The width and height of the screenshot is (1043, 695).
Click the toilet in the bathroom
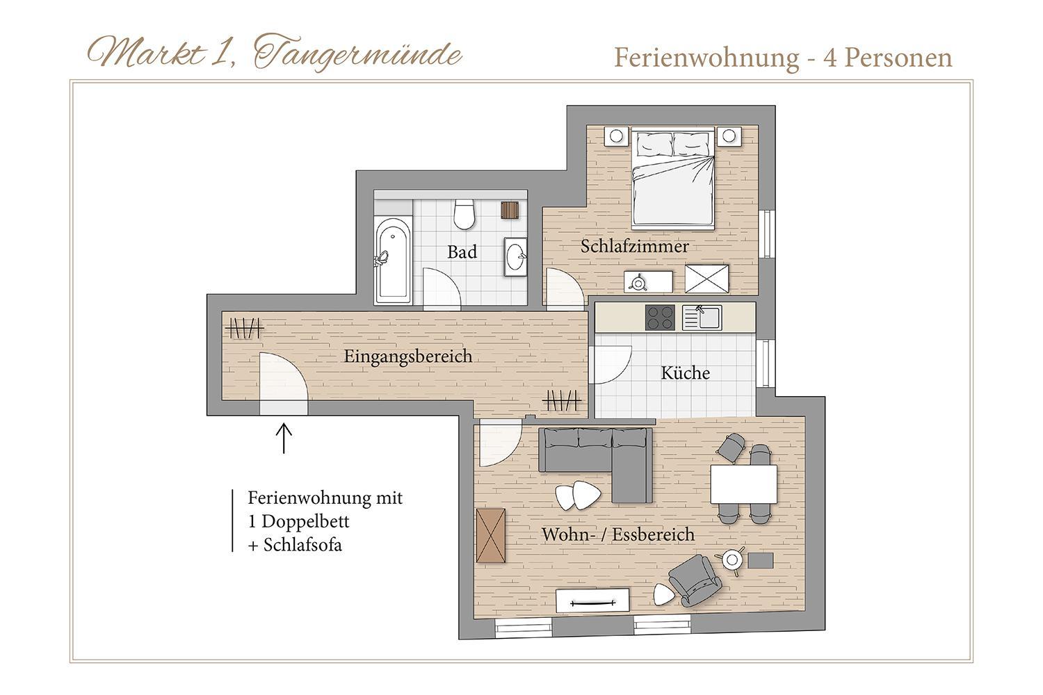coord(464,214)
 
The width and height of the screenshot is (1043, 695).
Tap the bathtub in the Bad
coord(394,260)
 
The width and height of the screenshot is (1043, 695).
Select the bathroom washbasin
coord(515,256)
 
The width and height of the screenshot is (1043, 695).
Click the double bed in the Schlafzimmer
coord(673,179)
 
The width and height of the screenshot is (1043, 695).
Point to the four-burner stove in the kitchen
coord(660,318)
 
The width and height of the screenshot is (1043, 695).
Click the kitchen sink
coord(702,318)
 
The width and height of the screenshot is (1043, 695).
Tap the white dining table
coord(743,484)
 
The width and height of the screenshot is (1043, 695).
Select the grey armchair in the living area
coord(695,580)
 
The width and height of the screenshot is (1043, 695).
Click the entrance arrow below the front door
coord(284,438)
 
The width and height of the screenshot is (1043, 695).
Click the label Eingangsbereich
coord(408,357)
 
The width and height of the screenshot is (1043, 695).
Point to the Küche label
coord(686,373)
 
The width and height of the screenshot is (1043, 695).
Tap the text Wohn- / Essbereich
coord(618,534)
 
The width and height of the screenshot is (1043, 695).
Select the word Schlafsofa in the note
coord(302,545)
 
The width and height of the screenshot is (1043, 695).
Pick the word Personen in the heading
coord(898,58)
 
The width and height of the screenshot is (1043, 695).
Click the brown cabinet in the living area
coord(491,535)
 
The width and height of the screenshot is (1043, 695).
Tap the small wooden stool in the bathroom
coord(510,211)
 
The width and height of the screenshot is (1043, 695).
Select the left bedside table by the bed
coord(616,136)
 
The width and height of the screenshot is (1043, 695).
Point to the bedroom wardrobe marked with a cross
coord(707,279)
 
